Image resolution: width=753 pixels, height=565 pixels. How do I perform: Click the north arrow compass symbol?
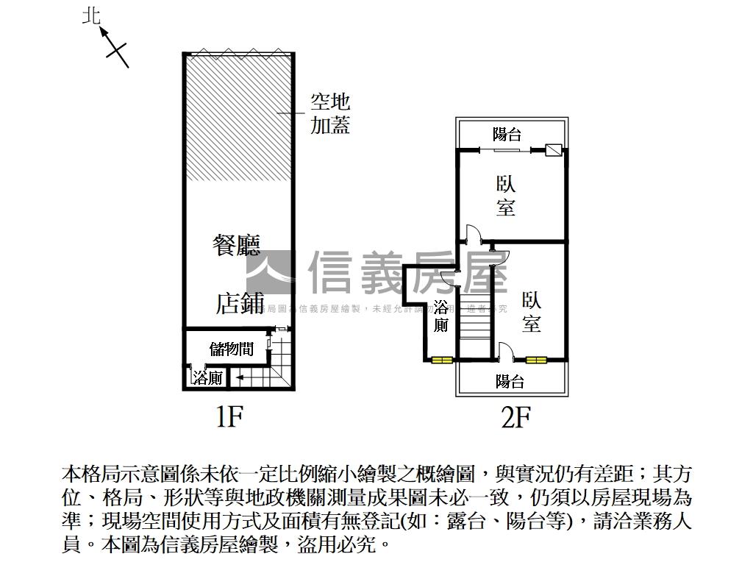point(113,44)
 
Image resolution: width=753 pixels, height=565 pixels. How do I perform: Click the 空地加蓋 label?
point(329,113)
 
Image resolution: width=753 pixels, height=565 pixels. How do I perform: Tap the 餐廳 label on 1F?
point(237,245)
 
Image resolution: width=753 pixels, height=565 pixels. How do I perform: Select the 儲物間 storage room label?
point(231,349)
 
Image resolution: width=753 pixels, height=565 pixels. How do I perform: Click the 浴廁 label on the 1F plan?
point(207,378)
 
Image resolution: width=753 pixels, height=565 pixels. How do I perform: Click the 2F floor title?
point(515,418)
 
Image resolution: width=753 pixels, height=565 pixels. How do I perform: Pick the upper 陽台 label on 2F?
point(507,135)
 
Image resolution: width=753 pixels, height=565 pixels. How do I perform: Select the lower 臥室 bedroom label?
point(532,311)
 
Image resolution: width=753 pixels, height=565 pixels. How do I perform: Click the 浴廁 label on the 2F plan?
point(441,316)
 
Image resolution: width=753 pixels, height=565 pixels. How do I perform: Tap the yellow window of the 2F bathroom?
point(442,360)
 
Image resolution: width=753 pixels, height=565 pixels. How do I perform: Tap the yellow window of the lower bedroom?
point(537,360)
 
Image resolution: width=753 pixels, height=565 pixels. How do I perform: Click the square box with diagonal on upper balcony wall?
point(554,150)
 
